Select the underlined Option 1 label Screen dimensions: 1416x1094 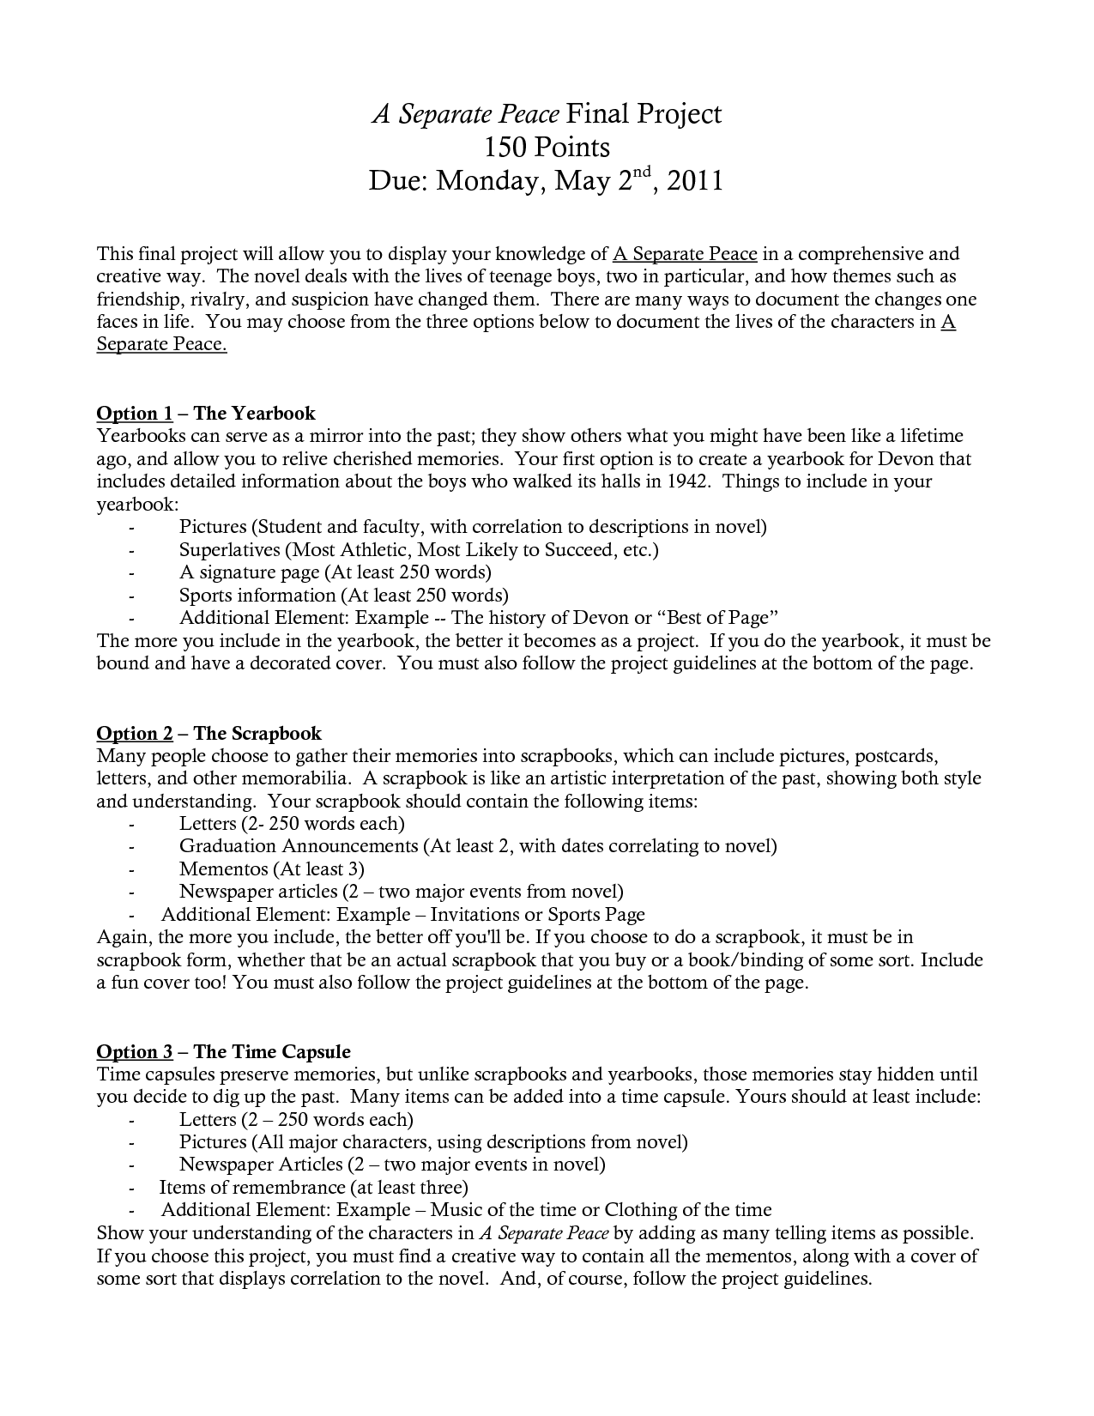coord(135,414)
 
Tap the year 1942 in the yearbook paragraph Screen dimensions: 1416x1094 coord(687,481)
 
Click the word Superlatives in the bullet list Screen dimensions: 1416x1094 coord(229,549)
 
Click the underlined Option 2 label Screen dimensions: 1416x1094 coord(135,733)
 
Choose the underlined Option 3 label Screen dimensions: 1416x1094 coord(135,1051)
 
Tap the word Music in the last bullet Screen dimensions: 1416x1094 coord(455,1210)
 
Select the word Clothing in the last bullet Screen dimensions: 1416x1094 coord(641,1210)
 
